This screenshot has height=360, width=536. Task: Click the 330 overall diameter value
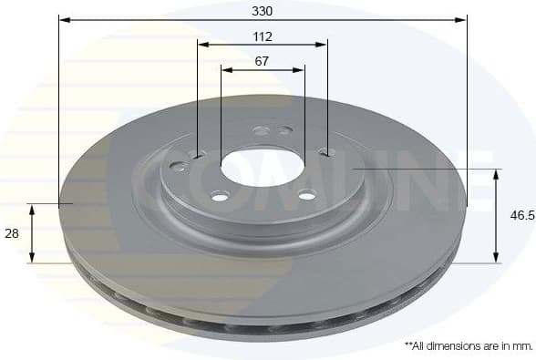click(x=263, y=10)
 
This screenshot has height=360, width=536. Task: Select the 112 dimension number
click(x=263, y=37)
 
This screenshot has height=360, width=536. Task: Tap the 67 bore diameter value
click(x=263, y=61)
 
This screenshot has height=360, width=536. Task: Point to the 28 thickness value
click(x=12, y=234)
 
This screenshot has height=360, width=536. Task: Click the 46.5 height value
click(x=521, y=216)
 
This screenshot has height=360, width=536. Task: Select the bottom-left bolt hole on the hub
click(x=220, y=196)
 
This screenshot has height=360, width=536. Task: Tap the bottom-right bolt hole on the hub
click(x=307, y=194)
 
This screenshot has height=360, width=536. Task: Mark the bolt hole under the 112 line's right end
click(x=326, y=152)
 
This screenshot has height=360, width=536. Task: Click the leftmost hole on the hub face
click(x=178, y=166)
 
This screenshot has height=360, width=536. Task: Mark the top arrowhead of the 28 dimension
click(x=33, y=209)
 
